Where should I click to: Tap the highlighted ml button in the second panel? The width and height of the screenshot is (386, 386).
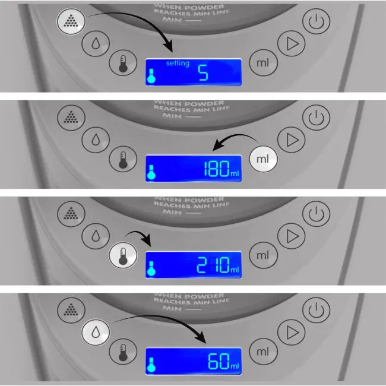tap(262, 158)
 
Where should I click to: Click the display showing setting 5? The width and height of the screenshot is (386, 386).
tap(194, 72)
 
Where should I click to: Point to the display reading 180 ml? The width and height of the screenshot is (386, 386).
tap(194, 169)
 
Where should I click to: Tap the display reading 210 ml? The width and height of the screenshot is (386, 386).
tap(194, 265)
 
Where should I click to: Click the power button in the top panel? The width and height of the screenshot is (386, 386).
tap(317, 22)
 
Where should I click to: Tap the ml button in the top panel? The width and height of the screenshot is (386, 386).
tap(262, 62)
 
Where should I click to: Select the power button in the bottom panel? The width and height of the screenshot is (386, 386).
tap(317, 311)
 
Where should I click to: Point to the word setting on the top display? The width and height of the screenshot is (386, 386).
tap(178, 64)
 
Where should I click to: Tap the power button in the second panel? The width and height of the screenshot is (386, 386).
tap(317, 118)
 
